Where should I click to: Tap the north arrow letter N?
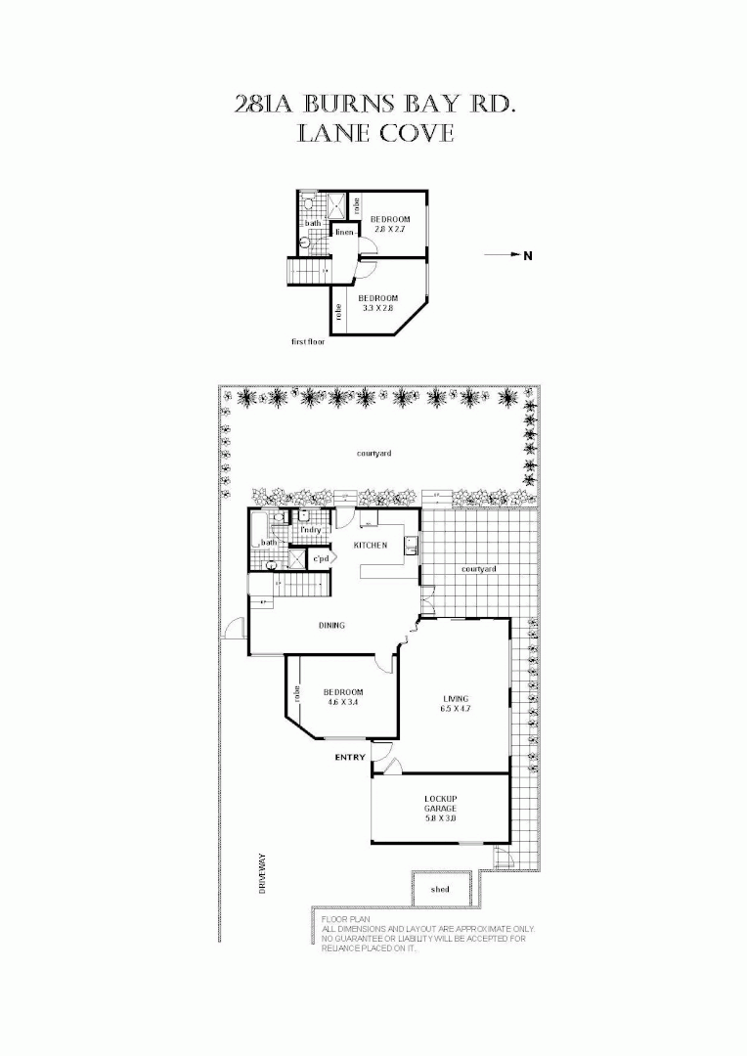tap(527, 256)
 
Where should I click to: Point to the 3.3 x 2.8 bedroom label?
tap(377, 303)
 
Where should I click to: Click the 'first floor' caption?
tap(308, 342)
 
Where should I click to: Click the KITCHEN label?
tap(371, 545)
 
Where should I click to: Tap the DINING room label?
tap(331, 626)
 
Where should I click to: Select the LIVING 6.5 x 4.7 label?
tap(457, 703)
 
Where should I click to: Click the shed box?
tap(442, 889)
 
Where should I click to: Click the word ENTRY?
tap(349, 758)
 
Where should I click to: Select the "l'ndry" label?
tap(311, 530)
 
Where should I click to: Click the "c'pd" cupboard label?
tap(320, 559)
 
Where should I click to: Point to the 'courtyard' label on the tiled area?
tap(479, 569)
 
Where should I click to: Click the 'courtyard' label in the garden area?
tap(374, 454)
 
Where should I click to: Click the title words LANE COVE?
tap(375, 134)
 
